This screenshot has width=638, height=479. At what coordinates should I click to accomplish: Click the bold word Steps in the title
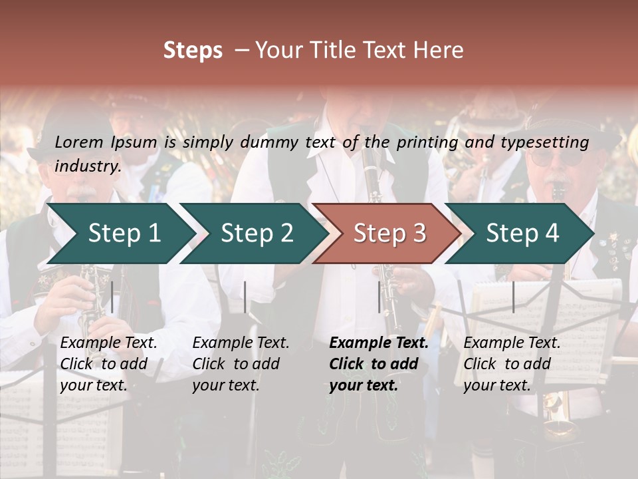coord(193,51)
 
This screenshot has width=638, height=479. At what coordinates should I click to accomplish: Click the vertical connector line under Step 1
coord(112,297)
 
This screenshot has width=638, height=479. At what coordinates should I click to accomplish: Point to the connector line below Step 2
coord(245,297)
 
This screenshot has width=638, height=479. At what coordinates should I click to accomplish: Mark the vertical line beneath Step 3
coord(379,297)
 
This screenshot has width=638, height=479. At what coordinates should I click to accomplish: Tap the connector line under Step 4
coord(513,297)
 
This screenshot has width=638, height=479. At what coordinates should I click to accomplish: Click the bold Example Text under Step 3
coord(379,343)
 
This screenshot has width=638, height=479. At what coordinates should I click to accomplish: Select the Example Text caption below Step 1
coord(108,343)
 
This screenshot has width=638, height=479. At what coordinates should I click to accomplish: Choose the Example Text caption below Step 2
coord(241,343)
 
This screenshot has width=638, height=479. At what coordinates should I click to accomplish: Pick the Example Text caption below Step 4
coord(512,343)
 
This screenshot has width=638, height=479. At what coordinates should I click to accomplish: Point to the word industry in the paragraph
coord(87,166)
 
